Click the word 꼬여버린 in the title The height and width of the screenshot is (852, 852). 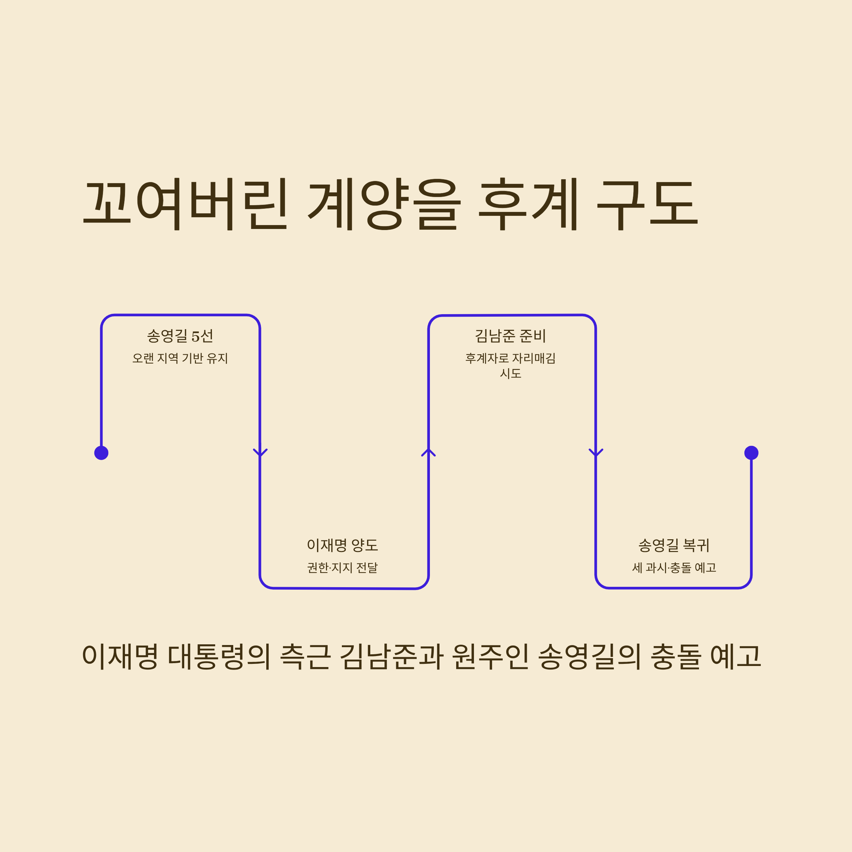(x=185, y=204)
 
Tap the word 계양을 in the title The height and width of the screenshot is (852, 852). (x=384, y=204)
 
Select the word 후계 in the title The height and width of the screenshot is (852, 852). (x=528, y=204)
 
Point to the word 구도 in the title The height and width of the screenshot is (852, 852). (x=647, y=204)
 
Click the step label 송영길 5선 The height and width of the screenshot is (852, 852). (x=180, y=337)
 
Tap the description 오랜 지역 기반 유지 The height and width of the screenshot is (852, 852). (x=180, y=358)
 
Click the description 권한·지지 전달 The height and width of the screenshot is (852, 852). (x=343, y=568)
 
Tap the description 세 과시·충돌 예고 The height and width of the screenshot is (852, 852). (x=674, y=568)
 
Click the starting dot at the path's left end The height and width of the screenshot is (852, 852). (x=102, y=453)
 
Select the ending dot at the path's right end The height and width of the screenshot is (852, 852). (x=752, y=453)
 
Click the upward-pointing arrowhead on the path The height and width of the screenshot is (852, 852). (x=428, y=452)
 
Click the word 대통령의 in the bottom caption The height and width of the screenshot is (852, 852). (x=219, y=656)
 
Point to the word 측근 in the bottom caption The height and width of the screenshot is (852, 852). (x=305, y=656)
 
